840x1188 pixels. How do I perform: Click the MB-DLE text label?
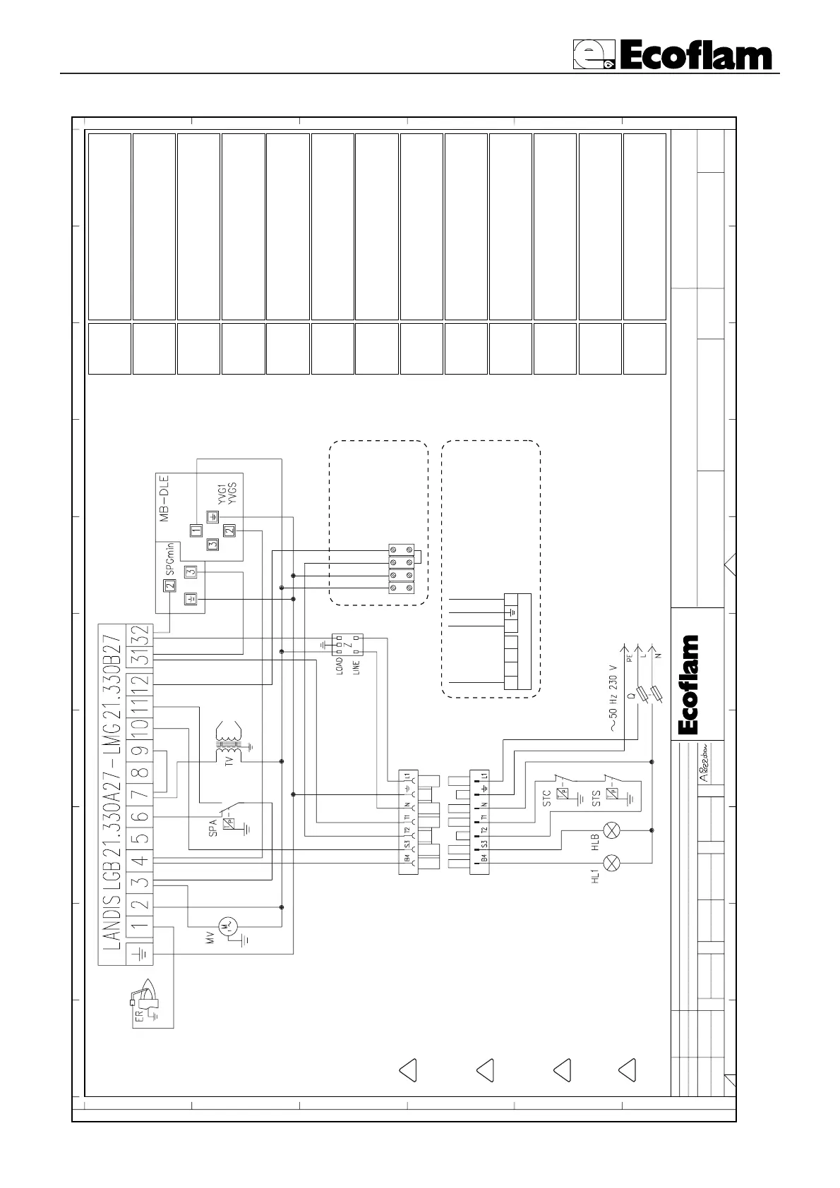(x=164, y=501)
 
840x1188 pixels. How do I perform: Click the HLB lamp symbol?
(x=613, y=831)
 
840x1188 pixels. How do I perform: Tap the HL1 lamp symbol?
(x=613, y=861)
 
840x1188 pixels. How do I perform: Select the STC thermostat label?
(x=546, y=798)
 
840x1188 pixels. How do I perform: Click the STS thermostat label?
(x=596, y=798)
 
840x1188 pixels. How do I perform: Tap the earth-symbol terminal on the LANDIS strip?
(x=139, y=954)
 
